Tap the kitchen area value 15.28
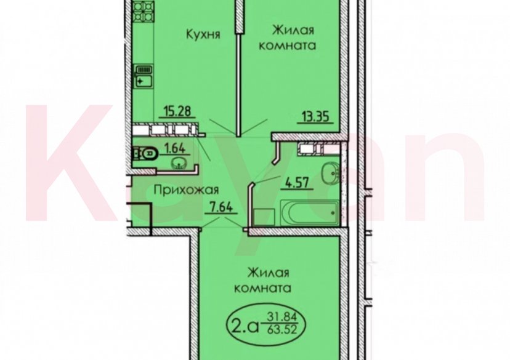click(x=175, y=111)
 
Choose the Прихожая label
click(x=185, y=190)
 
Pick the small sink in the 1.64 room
click(x=179, y=163)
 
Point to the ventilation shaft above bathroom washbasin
click(x=307, y=148)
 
